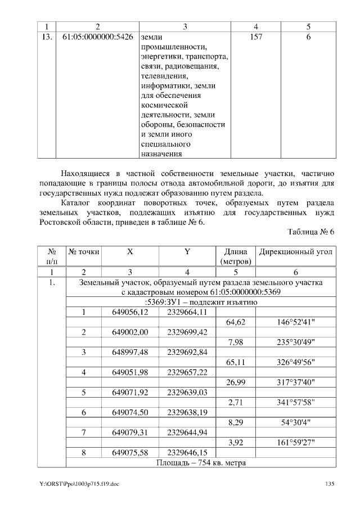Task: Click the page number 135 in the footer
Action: point(330,484)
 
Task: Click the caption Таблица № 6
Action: point(311,232)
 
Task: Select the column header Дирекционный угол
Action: point(295,252)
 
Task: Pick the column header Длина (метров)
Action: point(236,257)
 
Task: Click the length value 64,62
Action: point(236,322)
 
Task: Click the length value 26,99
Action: point(236,382)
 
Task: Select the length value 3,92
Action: point(236,443)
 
